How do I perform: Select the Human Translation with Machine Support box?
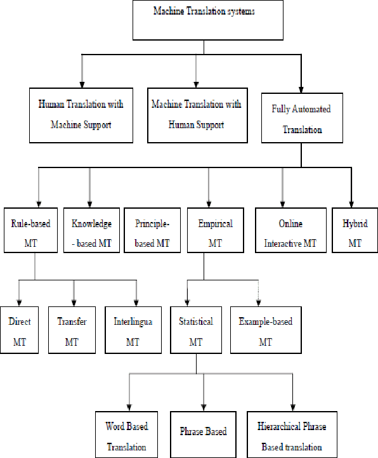click(81, 114)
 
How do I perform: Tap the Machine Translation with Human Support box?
click(196, 114)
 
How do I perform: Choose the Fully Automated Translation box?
click(303, 119)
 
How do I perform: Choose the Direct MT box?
click(19, 330)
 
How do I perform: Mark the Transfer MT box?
click(72, 330)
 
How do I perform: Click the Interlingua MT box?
click(132, 330)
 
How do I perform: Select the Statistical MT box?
click(195, 330)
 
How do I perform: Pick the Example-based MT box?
click(266, 330)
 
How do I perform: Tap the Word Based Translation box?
click(127, 435)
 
